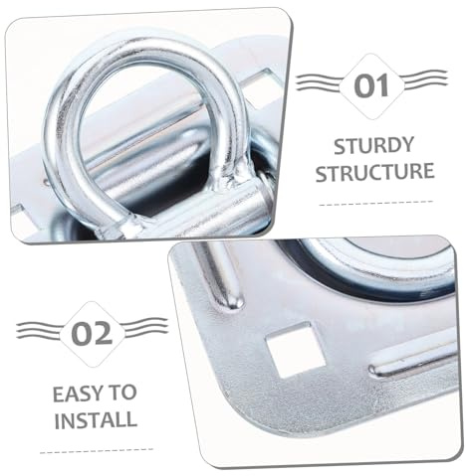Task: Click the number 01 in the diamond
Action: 371,85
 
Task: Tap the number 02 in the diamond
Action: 93,334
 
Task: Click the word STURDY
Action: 374,146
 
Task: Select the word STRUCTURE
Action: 375,172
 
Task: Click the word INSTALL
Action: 96,420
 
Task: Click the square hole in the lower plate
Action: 296,350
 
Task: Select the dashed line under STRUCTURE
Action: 376,203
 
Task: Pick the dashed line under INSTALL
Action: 97,451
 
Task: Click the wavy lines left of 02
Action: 39,330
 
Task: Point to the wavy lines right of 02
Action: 145,327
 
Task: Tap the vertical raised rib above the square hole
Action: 221,276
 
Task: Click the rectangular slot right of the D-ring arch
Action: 262,86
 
